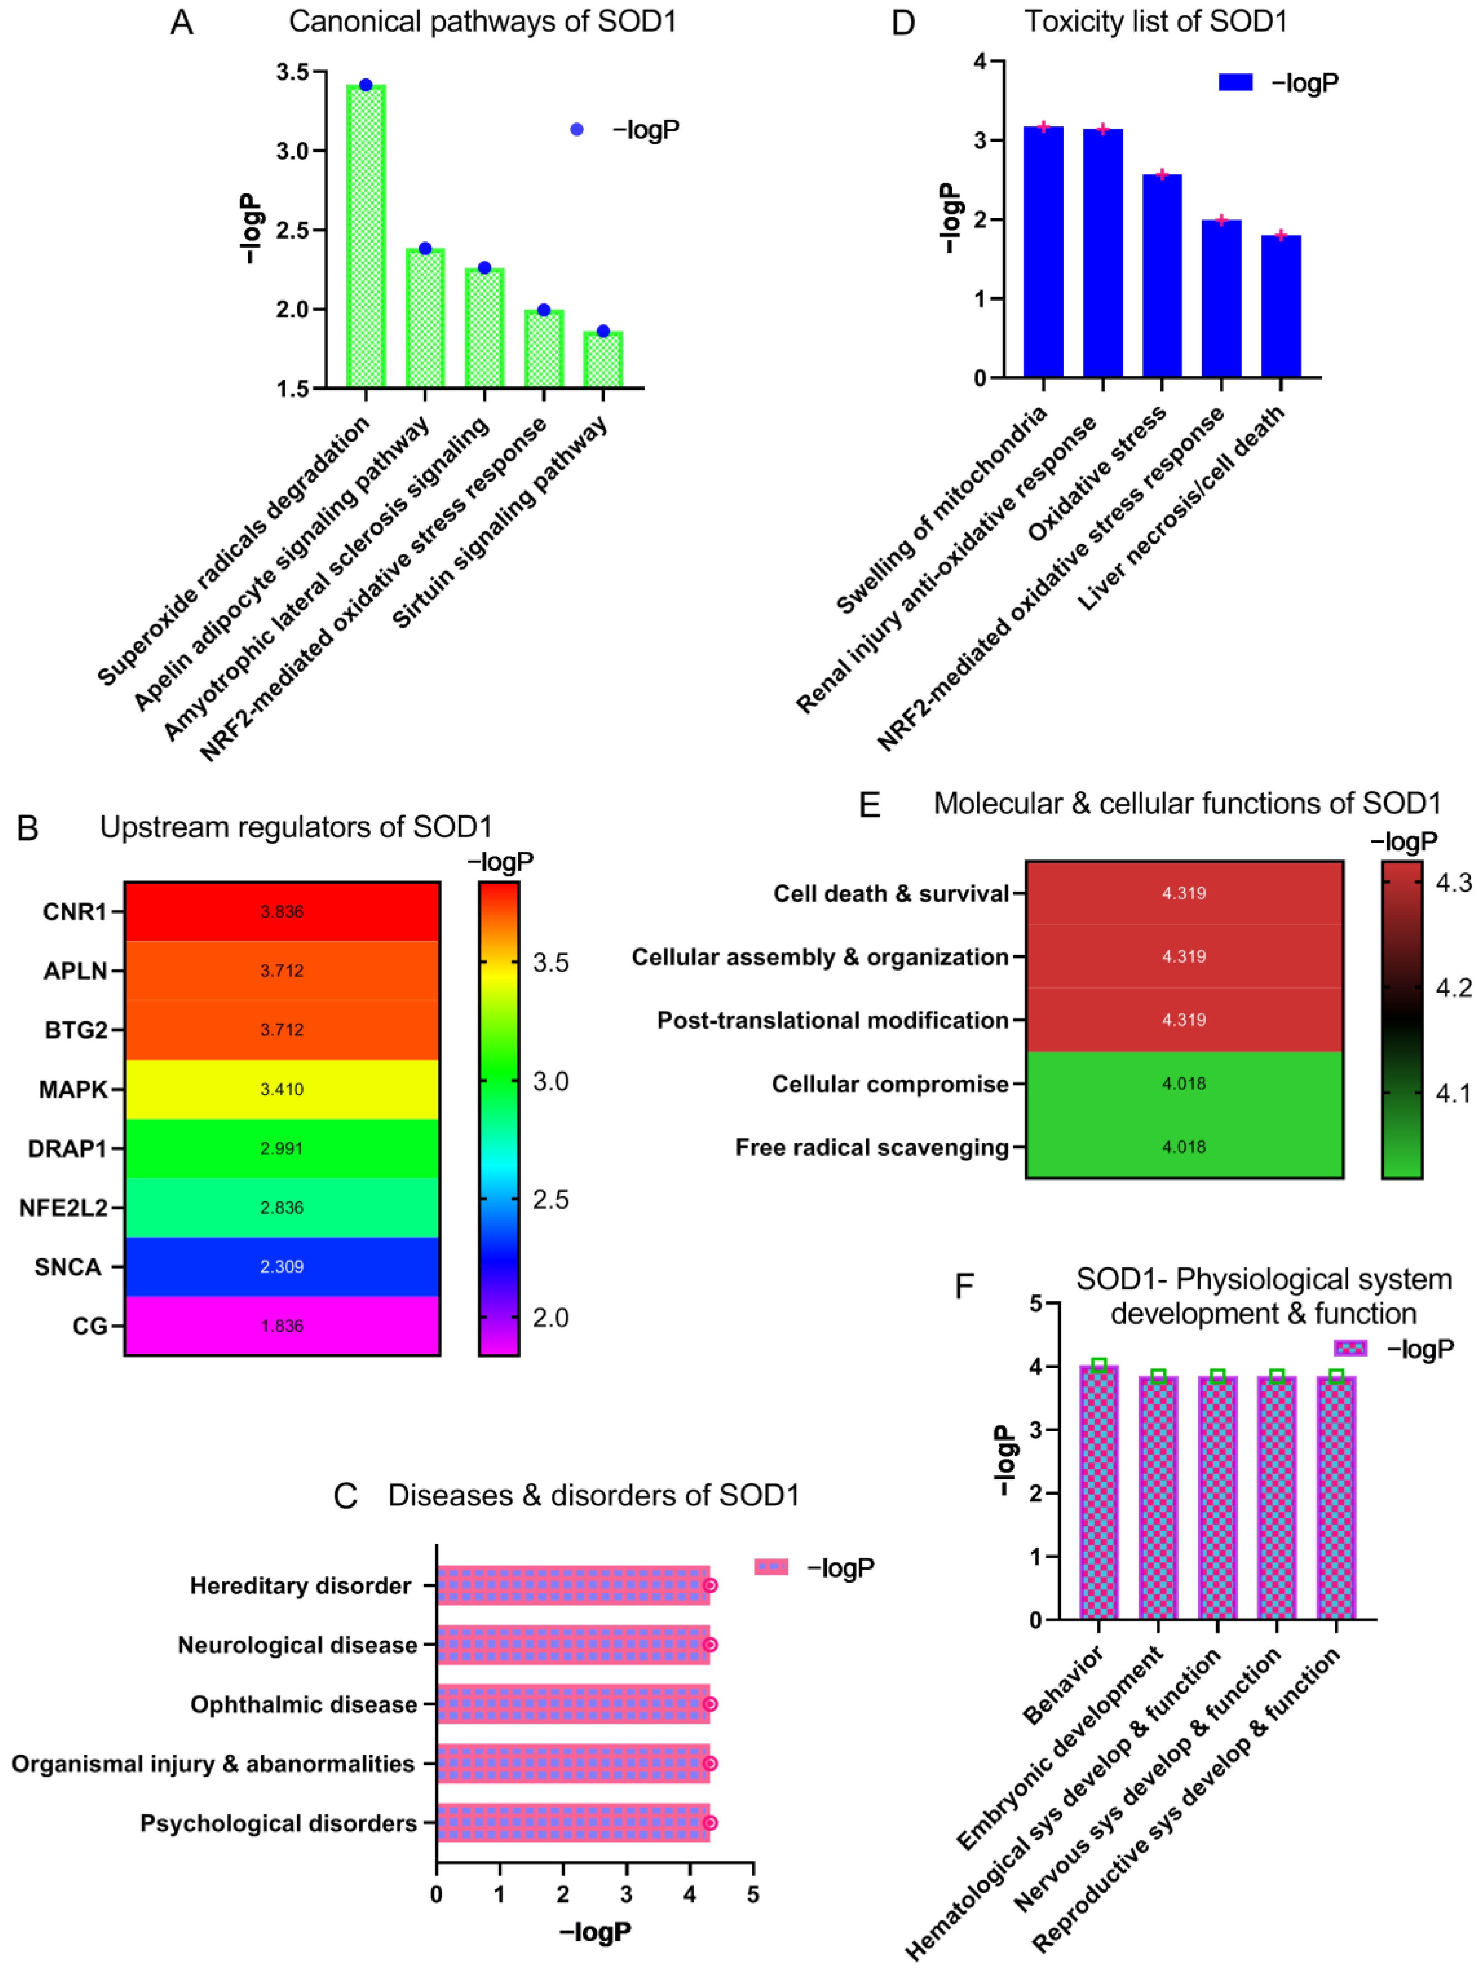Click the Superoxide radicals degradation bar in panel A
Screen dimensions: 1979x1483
(x=366, y=237)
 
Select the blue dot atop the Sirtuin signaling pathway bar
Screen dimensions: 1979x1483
(x=603, y=331)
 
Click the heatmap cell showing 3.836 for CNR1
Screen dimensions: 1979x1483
(x=282, y=912)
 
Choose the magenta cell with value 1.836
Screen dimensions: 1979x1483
(x=282, y=1326)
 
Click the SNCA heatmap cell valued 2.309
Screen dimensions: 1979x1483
(x=282, y=1267)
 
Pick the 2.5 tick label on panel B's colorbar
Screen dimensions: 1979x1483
(x=550, y=1200)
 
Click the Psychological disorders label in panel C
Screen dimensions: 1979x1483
(x=278, y=1823)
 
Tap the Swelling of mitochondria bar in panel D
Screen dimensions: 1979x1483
(x=1043, y=252)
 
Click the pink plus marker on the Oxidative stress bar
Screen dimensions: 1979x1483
(x=1162, y=174)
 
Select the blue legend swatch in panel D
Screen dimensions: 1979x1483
(x=1235, y=82)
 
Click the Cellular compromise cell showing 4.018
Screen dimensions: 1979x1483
(x=1183, y=1083)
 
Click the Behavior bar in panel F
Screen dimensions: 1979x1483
(x=1098, y=1492)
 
